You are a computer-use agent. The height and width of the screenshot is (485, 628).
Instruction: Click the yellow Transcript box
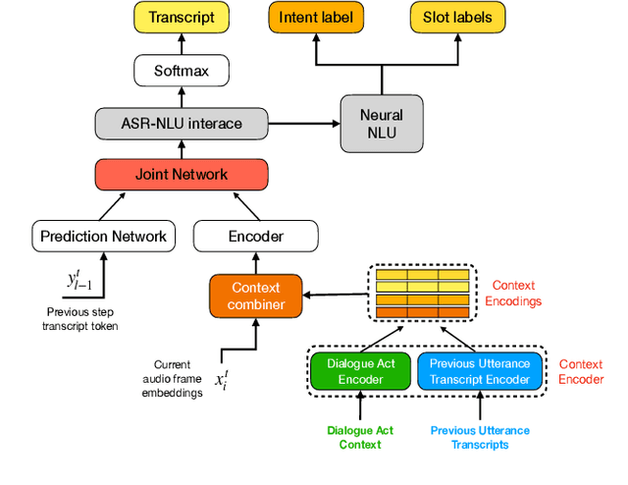181,18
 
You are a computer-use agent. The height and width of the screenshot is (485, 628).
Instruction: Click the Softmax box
181,71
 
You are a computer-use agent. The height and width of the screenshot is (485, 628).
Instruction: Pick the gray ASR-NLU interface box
181,124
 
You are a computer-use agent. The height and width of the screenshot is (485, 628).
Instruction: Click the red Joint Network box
181,175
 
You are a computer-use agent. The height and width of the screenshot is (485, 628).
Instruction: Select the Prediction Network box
103,236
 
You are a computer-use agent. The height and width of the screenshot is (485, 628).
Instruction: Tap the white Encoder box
255,236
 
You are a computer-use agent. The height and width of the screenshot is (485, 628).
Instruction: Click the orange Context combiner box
255,296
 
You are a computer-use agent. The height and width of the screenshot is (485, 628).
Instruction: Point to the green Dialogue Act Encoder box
359,371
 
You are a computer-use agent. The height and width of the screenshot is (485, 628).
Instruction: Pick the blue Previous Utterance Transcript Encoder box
480,371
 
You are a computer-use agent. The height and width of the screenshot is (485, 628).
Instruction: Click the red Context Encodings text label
513,293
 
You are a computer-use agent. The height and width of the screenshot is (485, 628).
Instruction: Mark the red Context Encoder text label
582,371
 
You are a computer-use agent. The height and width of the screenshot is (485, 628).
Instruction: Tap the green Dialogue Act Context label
359,437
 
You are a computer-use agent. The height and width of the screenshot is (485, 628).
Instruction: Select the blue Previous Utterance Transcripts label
480,437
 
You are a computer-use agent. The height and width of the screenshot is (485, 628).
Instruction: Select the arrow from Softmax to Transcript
181,44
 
